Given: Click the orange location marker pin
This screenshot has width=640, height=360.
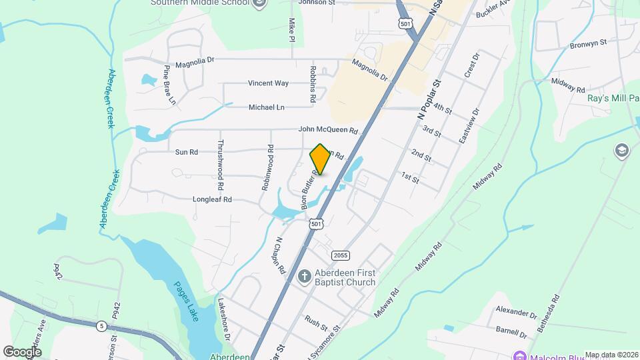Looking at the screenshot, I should [x=320, y=159].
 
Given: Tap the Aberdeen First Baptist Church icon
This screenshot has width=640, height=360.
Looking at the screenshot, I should [x=305, y=276].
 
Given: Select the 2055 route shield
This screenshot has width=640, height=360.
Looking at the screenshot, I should [x=341, y=255].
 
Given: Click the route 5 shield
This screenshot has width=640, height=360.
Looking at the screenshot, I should [x=101, y=325].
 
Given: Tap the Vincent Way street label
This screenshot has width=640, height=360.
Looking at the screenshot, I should [x=268, y=83].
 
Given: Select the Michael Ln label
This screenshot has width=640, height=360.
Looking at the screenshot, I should [x=266, y=107].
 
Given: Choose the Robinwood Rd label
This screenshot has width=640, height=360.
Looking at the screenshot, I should [x=266, y=169].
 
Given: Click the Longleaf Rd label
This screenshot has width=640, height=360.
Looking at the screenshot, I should [x=212, y=199].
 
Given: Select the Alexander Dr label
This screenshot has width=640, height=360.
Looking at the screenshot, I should [x=516, y=311].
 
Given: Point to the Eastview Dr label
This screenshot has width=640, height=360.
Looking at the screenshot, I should [x=469, y=127].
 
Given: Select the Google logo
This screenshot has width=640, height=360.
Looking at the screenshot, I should [x=22, y=351].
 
